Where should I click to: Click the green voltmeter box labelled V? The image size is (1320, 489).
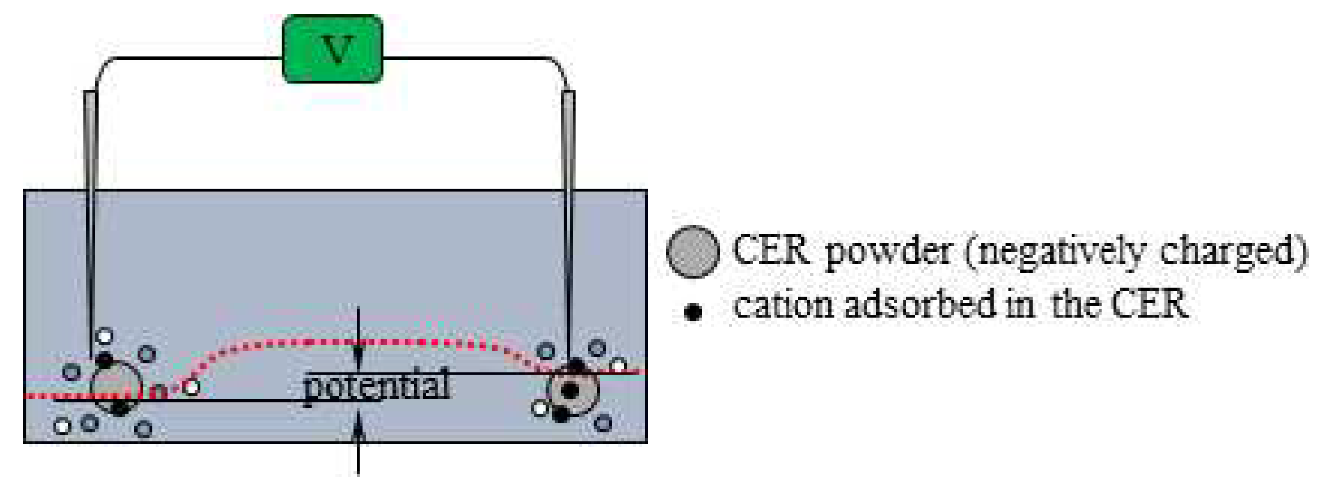pyautogui.click(x=333, y=49)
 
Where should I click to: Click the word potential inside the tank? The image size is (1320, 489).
pyautogui.click(x=376, y=386)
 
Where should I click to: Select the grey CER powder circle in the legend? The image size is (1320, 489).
pyautogui.click(x=693, y=252)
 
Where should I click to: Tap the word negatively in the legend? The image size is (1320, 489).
pyautogui.click(x=1056, y=252)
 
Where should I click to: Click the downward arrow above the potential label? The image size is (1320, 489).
pyautogui.click(x=358, y=339)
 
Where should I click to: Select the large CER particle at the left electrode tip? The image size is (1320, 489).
pyautogui.click(x=116, y=387)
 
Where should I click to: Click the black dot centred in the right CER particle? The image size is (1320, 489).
pyautogui.click(x=570, y=390)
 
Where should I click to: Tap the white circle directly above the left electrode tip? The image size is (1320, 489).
pyautogui.click(x=104, y=336)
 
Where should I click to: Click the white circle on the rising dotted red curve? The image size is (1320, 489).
pyautogui.click(x=191, y=387)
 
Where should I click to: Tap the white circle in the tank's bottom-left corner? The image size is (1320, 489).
pyautogui.click(x=62, y=426)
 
